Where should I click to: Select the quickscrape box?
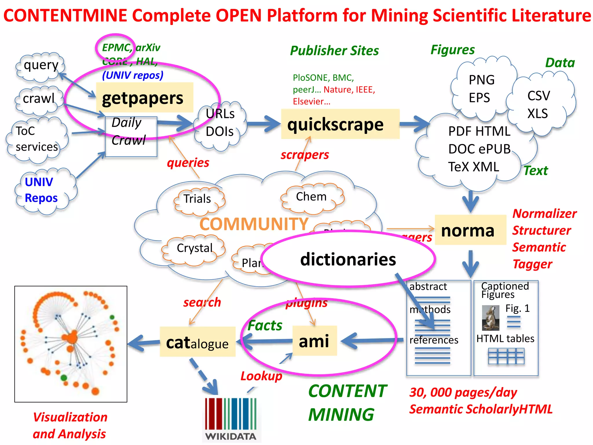coord(340,124)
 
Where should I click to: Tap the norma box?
coord(470,230)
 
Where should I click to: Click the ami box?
coord(315,341)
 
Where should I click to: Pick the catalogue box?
coord(197,342)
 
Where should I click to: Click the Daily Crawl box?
coord(131,136)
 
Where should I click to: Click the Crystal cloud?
coord(194,249)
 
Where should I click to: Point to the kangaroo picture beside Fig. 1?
coord(490,318)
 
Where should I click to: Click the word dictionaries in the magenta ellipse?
coord(348,259)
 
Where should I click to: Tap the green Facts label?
coord(265,325)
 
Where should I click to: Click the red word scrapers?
coord(305,155)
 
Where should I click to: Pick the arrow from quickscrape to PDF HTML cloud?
coord(415,124)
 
